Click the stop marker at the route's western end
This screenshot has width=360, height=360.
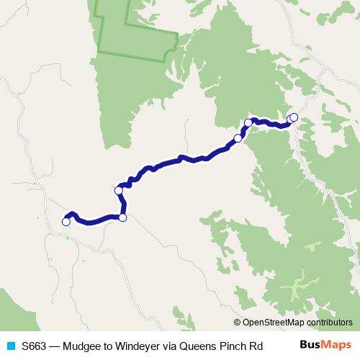(66, 222)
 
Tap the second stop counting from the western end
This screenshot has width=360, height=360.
(122, 217)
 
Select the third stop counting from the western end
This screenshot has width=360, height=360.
(119, 190)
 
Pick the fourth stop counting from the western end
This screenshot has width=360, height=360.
(238, 138)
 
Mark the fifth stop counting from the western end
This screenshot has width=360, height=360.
(248, 123)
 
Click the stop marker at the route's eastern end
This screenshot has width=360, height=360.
(293, 117)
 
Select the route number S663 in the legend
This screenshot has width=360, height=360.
(34, 346)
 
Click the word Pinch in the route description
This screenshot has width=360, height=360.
(235, 346)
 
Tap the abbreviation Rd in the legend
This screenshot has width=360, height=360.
(259, 346)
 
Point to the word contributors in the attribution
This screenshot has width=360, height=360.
(329, 323)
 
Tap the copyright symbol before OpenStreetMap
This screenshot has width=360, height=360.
(238, 323)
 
